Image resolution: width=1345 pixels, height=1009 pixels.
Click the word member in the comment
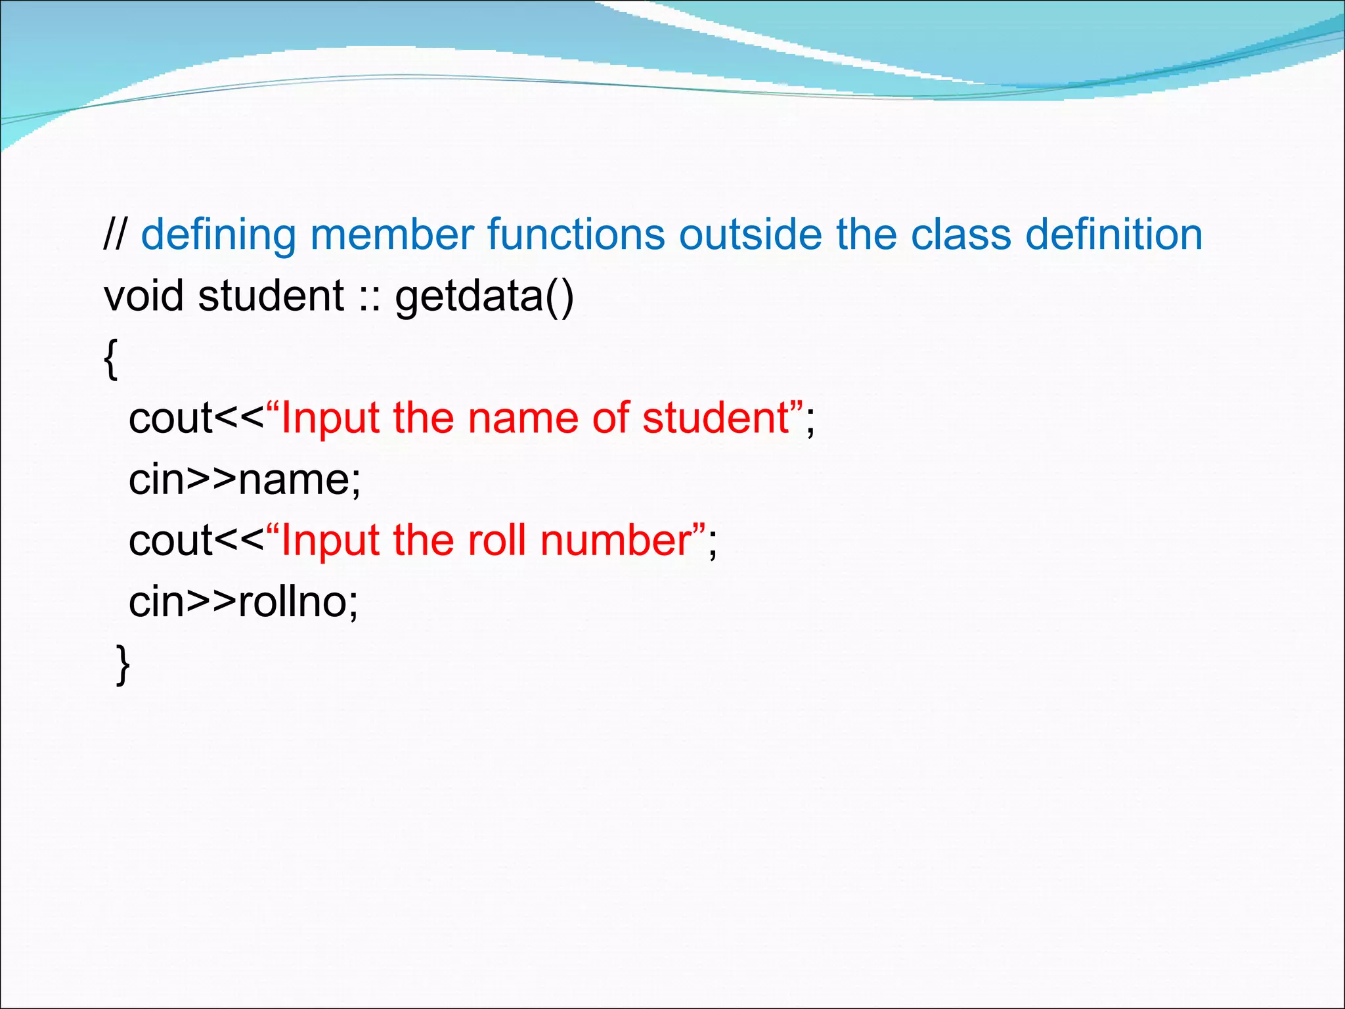click(391, 235)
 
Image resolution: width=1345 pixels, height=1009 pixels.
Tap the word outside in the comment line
click(750, 235)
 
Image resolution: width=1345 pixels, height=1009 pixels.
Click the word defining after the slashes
click(218, 236)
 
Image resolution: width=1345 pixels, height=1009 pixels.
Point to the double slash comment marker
click(116, 235)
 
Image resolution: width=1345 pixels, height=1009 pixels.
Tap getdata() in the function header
click(484, 297)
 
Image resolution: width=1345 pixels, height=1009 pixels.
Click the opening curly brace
click(111, 359)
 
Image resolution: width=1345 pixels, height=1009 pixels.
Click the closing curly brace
click(123, 664)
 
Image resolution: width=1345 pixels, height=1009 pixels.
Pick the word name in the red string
click(523, 419)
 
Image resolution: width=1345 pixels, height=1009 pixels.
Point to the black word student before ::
click(271, 296)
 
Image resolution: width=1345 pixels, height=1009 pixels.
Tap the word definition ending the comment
click(1114, 235)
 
